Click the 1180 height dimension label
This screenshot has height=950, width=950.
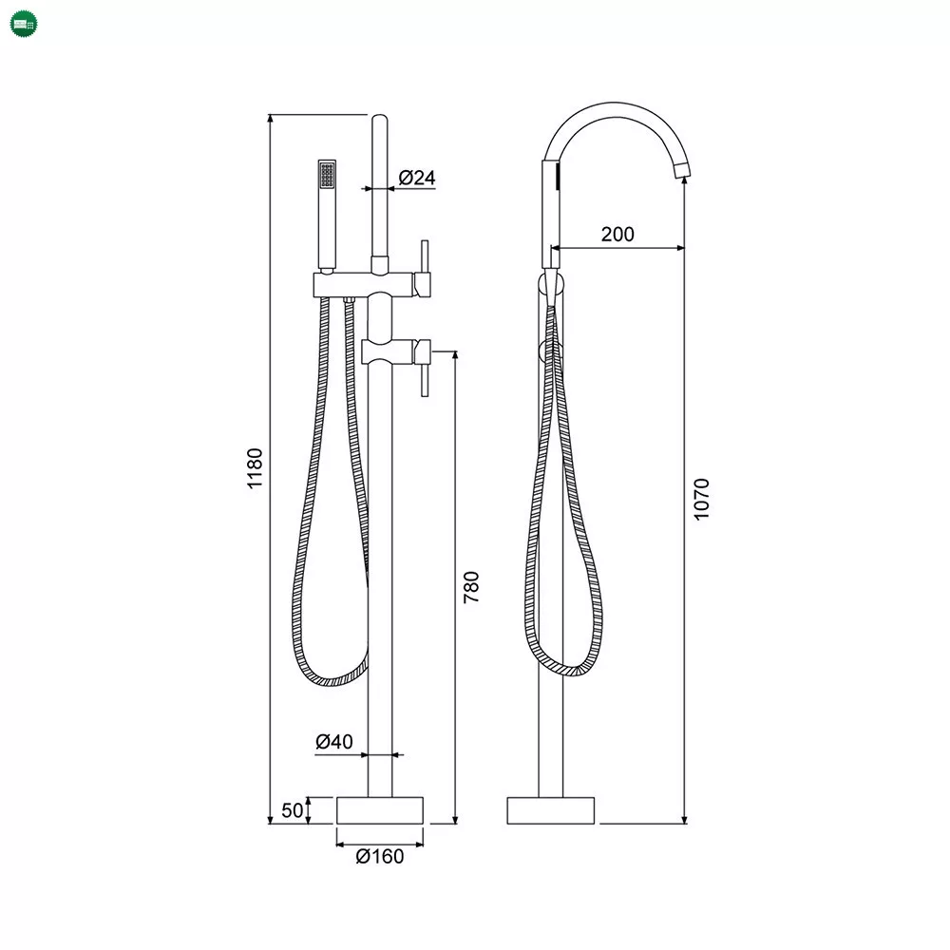tap(255, 467)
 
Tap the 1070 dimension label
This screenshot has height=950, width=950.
tap(701, 500)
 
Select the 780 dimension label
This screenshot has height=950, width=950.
tap(471, 586)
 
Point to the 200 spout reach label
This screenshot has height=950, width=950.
tap(617, 234)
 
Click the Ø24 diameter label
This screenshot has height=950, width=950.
tap(417, 178)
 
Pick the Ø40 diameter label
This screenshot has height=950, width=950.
tap(333, 741)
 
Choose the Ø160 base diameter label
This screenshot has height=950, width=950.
tap(380, 856)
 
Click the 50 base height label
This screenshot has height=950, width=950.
tap(292, 810)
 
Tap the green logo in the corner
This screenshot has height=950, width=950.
tap(25, 25)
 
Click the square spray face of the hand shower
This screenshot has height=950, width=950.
tap(327, 175)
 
